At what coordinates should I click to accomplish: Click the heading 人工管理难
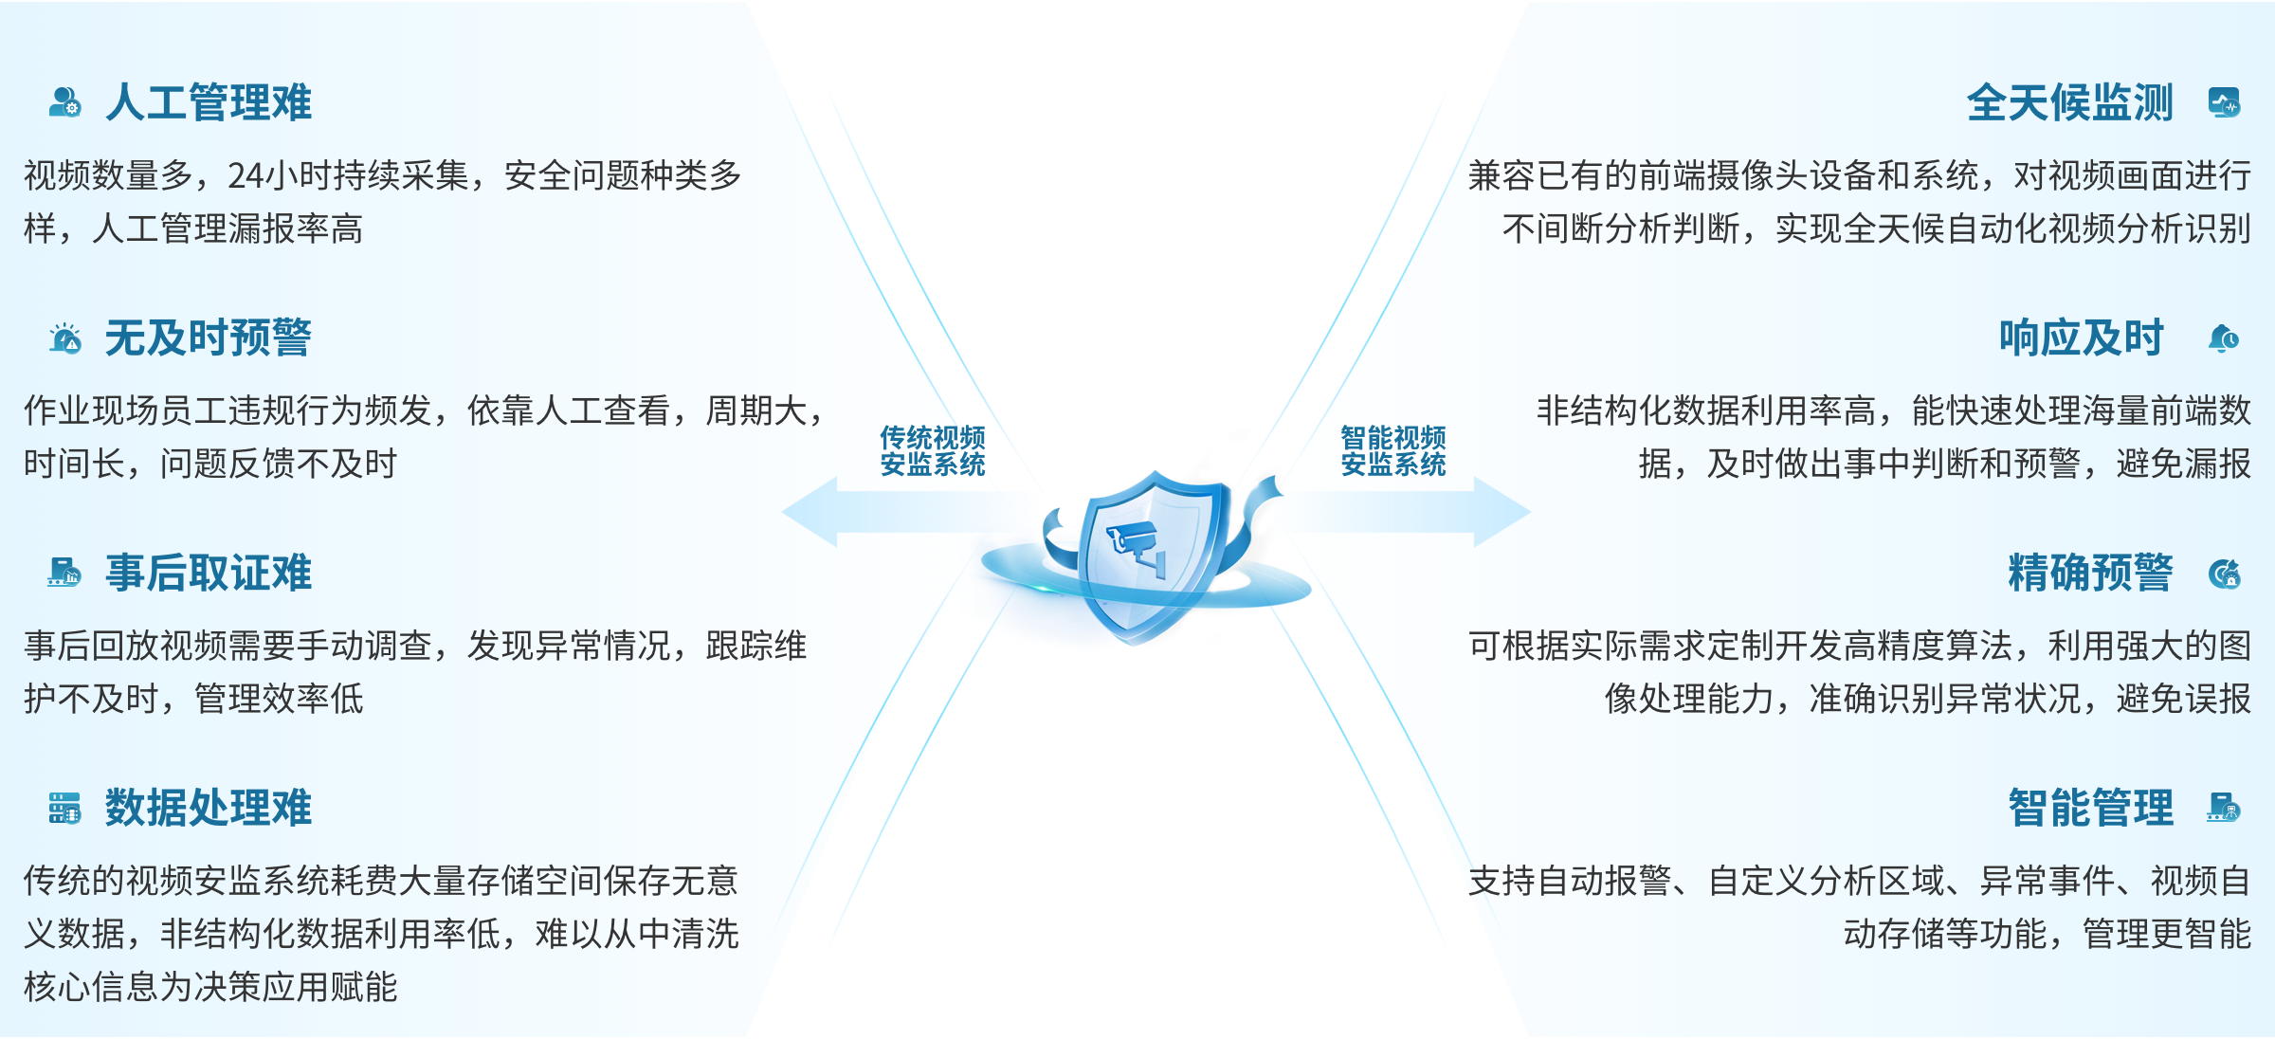click(208, 102)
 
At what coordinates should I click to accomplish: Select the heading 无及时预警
click(208, 338)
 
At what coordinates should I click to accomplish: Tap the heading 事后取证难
click(208, 574)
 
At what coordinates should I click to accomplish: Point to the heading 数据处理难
click(208, 809)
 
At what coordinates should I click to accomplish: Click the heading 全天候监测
click(2069, 102)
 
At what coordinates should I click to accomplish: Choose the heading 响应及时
click(2081, 338)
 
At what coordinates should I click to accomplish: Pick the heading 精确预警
click(2090, 574)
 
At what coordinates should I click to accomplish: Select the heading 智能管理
click(2090, 809)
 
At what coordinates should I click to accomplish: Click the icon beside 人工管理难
click(65, 102)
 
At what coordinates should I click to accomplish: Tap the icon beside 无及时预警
click(65, 338)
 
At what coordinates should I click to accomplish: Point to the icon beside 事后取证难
click(65, 573)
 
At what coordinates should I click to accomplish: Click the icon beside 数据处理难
click(65, 809)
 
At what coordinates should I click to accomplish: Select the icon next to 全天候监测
click(2224, 102)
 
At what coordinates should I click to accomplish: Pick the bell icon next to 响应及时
click(2224, 338)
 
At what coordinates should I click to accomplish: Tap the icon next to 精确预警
click(2224, 574)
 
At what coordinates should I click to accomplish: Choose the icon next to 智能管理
click(2224, 808)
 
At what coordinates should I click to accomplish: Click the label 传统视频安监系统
click(933, 451)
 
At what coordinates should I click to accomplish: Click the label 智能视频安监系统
click(1392, 451)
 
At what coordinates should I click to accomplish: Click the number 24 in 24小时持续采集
click(245, 176)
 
